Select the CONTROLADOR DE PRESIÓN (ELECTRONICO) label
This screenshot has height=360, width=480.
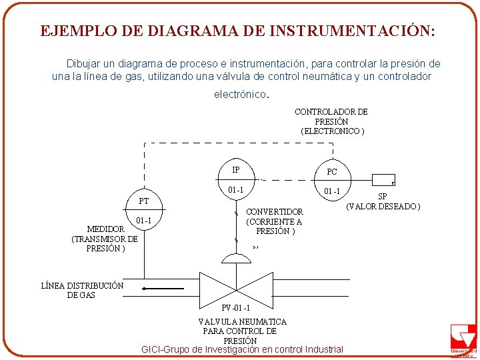[331, 121]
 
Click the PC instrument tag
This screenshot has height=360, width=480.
[332, 172]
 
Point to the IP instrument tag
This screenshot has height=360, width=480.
[236, 170]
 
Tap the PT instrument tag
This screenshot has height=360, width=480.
[144, 201]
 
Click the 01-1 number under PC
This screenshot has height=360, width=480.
[332, 192]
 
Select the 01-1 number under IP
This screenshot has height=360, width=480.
[236, 190]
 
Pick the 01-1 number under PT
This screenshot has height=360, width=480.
[144, 221]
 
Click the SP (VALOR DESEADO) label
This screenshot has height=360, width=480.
[383, 201]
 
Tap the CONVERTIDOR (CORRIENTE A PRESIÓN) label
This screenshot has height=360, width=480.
[274, 221]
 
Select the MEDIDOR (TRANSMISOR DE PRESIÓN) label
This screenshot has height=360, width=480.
[105, 239]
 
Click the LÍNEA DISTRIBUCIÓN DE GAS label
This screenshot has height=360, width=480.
[82, 290]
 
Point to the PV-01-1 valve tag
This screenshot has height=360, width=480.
[237, 308]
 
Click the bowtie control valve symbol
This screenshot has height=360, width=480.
[237, 287]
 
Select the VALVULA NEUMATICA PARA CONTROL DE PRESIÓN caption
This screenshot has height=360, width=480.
[238, 331]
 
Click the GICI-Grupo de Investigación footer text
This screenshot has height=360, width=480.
[243, 349]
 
